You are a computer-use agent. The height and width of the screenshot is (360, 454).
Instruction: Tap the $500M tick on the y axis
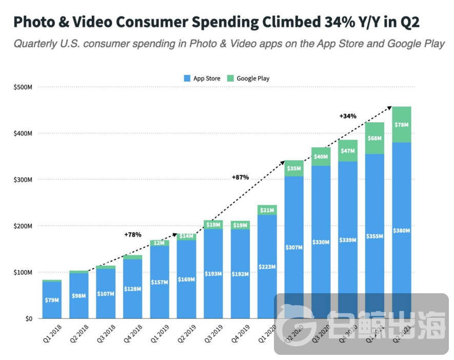pos(23,87)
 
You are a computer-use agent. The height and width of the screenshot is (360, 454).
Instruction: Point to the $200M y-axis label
pos(23,226)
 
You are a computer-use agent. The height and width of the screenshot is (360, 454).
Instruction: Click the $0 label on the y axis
pos(28,318)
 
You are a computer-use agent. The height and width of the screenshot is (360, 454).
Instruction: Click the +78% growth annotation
pos(132,235)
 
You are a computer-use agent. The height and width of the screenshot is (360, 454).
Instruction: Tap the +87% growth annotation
pos(240,177)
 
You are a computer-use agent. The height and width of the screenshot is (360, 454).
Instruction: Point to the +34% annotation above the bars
pos(348,117)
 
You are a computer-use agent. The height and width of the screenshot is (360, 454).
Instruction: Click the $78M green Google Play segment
pos(402,125)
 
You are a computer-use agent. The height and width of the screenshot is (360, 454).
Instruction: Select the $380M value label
pos(402,231)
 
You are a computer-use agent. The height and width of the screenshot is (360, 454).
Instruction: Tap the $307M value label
pos(294,248)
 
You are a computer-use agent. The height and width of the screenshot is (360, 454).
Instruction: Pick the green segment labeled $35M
pos(294,168)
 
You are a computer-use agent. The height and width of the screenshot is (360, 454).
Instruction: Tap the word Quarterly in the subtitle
pos(36,43)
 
